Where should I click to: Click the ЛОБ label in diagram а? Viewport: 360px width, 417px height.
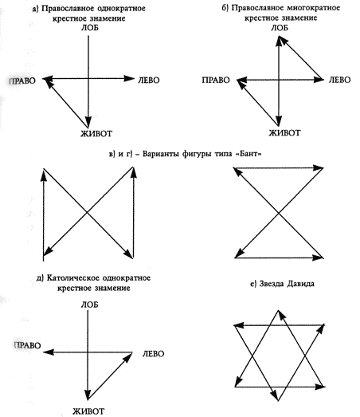[x=89, y=28]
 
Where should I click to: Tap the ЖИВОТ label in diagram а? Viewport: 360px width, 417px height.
[x=96, y=133]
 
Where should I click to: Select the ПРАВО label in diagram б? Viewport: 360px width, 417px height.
[x=216, y=80]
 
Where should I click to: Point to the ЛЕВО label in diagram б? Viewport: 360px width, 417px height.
[x=339, y=80]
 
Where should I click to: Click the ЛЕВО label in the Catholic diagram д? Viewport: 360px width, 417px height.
[x=153, y=353]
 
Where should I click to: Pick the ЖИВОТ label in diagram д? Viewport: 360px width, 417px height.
[x=88, y=411]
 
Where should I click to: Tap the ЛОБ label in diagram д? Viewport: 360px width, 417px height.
[x=89, y=305]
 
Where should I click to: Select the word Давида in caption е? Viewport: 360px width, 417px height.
[x=300, y=284]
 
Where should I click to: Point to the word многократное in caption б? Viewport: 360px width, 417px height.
[x=314, y=8]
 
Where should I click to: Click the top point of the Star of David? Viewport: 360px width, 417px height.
[x=278, y=310]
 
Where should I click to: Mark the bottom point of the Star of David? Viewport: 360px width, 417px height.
[x=278, y=400]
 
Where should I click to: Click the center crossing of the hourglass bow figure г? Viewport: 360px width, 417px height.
[x=279, y=213]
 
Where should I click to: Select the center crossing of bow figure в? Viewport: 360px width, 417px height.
[x=88, y=212]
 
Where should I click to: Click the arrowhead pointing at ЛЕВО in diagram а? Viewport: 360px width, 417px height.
[x=129, y=78]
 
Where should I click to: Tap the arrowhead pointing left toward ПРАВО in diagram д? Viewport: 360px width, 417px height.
[x=49, y=352]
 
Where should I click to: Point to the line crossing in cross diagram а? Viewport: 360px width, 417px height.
[x=88, y=78]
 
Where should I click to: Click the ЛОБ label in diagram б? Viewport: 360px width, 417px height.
[x=280, y=28]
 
